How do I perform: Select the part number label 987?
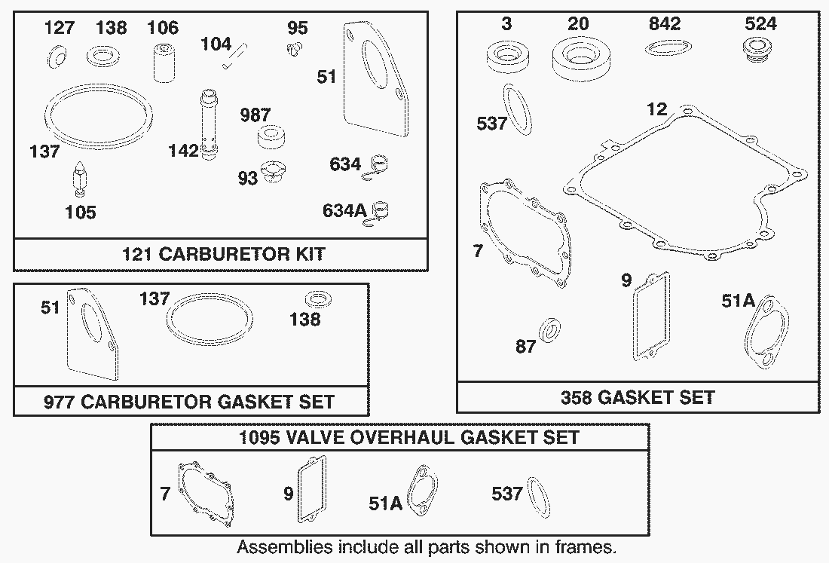(255, 115)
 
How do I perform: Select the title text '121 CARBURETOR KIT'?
(224, 254)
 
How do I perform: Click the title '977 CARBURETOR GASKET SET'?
(188, 402)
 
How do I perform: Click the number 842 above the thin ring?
(664, 24)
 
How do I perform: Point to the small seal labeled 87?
(550, 331)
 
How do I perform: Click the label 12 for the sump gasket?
(656, 109)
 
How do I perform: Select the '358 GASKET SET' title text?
(638, 397)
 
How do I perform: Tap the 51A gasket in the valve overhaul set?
(422, 490)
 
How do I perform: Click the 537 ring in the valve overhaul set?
(539, 497)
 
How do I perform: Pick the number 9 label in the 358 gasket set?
(626, 280)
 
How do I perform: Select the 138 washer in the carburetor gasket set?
(319, 299)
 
